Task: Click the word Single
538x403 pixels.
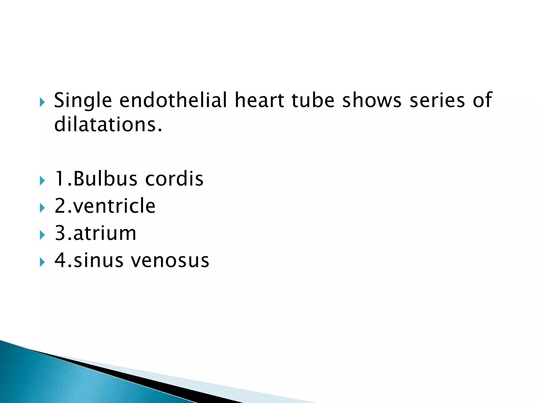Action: [x=83, y=101]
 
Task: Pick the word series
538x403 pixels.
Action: [x=437, y=100]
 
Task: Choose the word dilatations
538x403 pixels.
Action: [x=108, y=124]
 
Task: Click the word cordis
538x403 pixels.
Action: [x=174, y=179]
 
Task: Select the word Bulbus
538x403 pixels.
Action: [x=105, y=179]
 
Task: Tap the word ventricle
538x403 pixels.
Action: [x=115, y=206]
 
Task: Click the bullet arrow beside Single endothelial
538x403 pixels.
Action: [x=42, y=102]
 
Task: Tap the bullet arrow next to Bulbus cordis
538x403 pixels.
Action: [x=42, y=181]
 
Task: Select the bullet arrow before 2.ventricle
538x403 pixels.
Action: [x=42, y=208]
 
